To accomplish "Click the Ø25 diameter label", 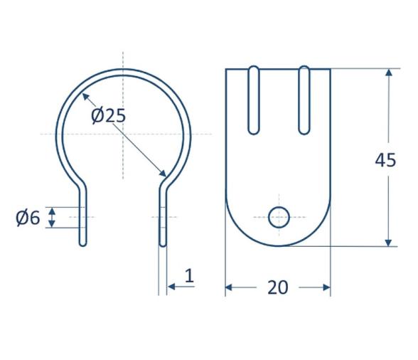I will click(108, 115).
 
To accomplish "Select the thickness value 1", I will click(188, 276).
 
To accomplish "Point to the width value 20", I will click(277, 287).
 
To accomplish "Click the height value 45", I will click(385, 160).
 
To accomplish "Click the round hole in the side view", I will click(279, 217).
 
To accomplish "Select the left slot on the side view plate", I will click(253, 100).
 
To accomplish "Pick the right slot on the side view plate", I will click(304, 100).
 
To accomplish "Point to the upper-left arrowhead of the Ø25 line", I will click(83, 97).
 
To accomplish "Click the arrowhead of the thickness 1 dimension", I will click(171, 287).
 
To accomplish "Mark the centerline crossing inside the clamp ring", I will click(123, 134).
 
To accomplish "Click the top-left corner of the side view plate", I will click(226, 69).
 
